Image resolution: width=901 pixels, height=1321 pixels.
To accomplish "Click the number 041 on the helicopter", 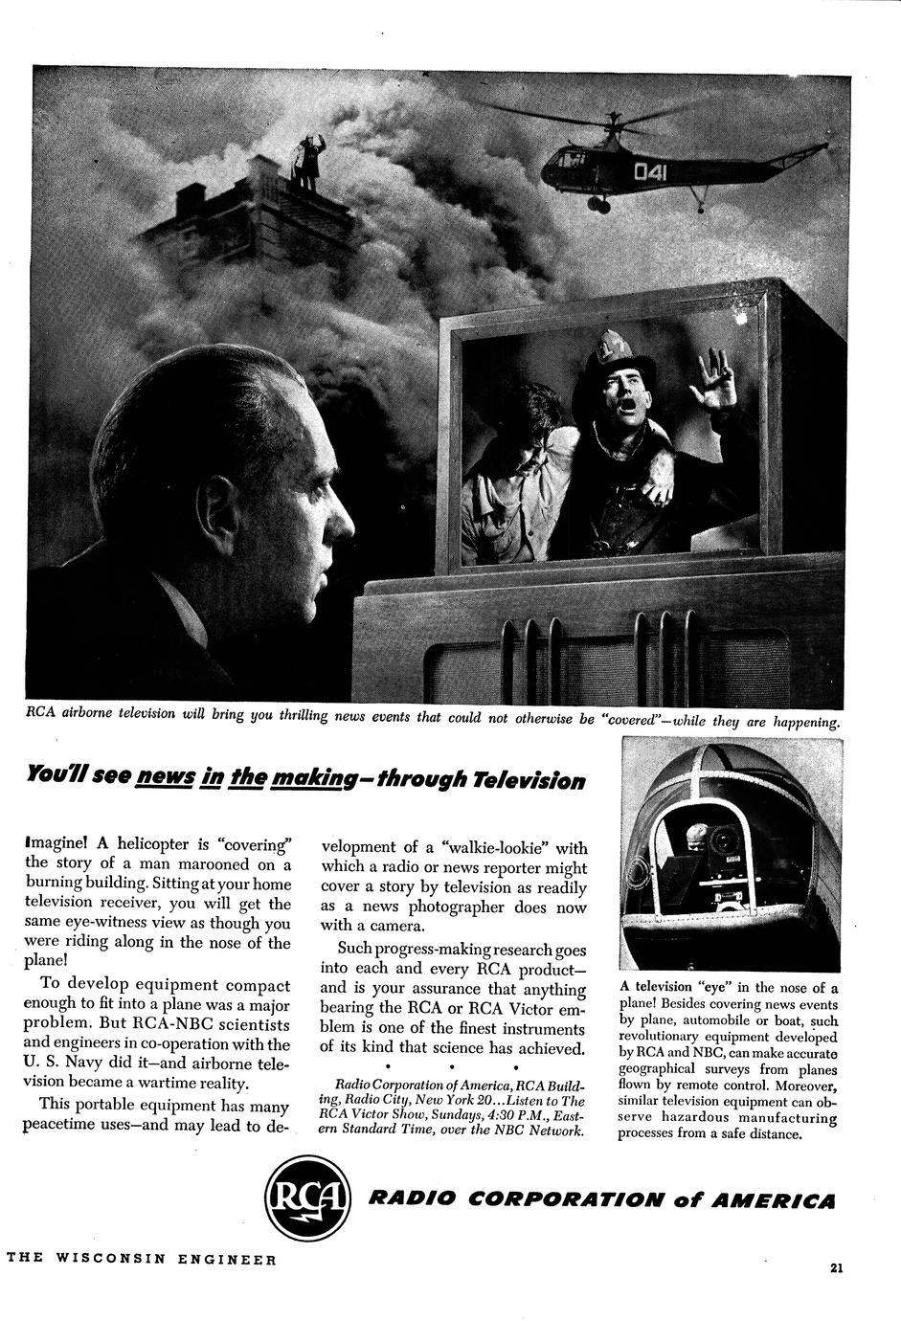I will click(x=651, y=172).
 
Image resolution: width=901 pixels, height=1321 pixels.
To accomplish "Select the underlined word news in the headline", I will click(x=167, y=776).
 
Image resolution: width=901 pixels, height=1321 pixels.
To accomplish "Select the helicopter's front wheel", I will click(x=598, y=204).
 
